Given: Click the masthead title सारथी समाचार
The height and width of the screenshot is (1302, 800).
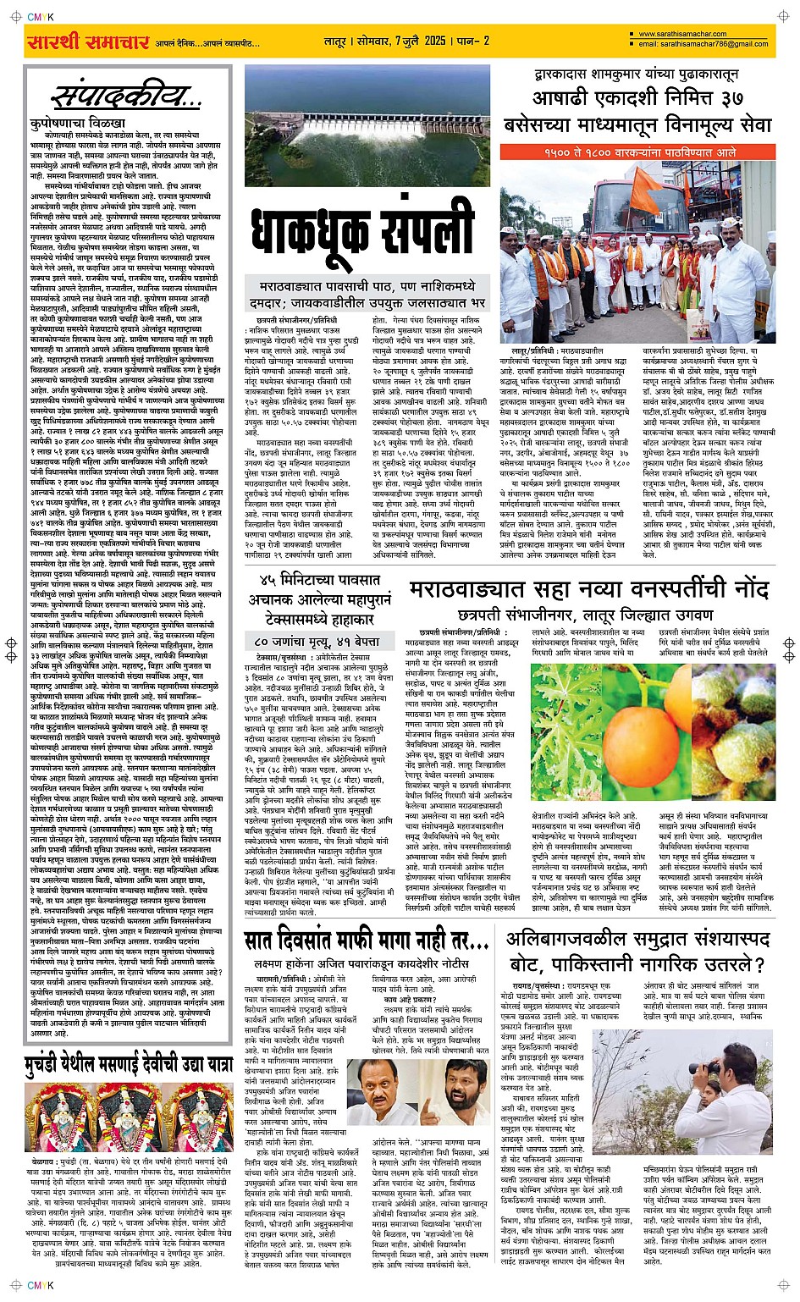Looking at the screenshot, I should click(x=87, y=42).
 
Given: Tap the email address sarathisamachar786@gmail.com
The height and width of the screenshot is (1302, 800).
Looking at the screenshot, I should click(x=703, y=44).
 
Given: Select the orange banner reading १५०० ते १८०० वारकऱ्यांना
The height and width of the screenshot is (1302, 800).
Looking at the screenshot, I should click(x=648, y=152).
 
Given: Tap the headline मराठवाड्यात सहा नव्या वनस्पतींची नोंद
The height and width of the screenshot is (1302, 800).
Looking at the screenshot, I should click(x=589, y=590).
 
